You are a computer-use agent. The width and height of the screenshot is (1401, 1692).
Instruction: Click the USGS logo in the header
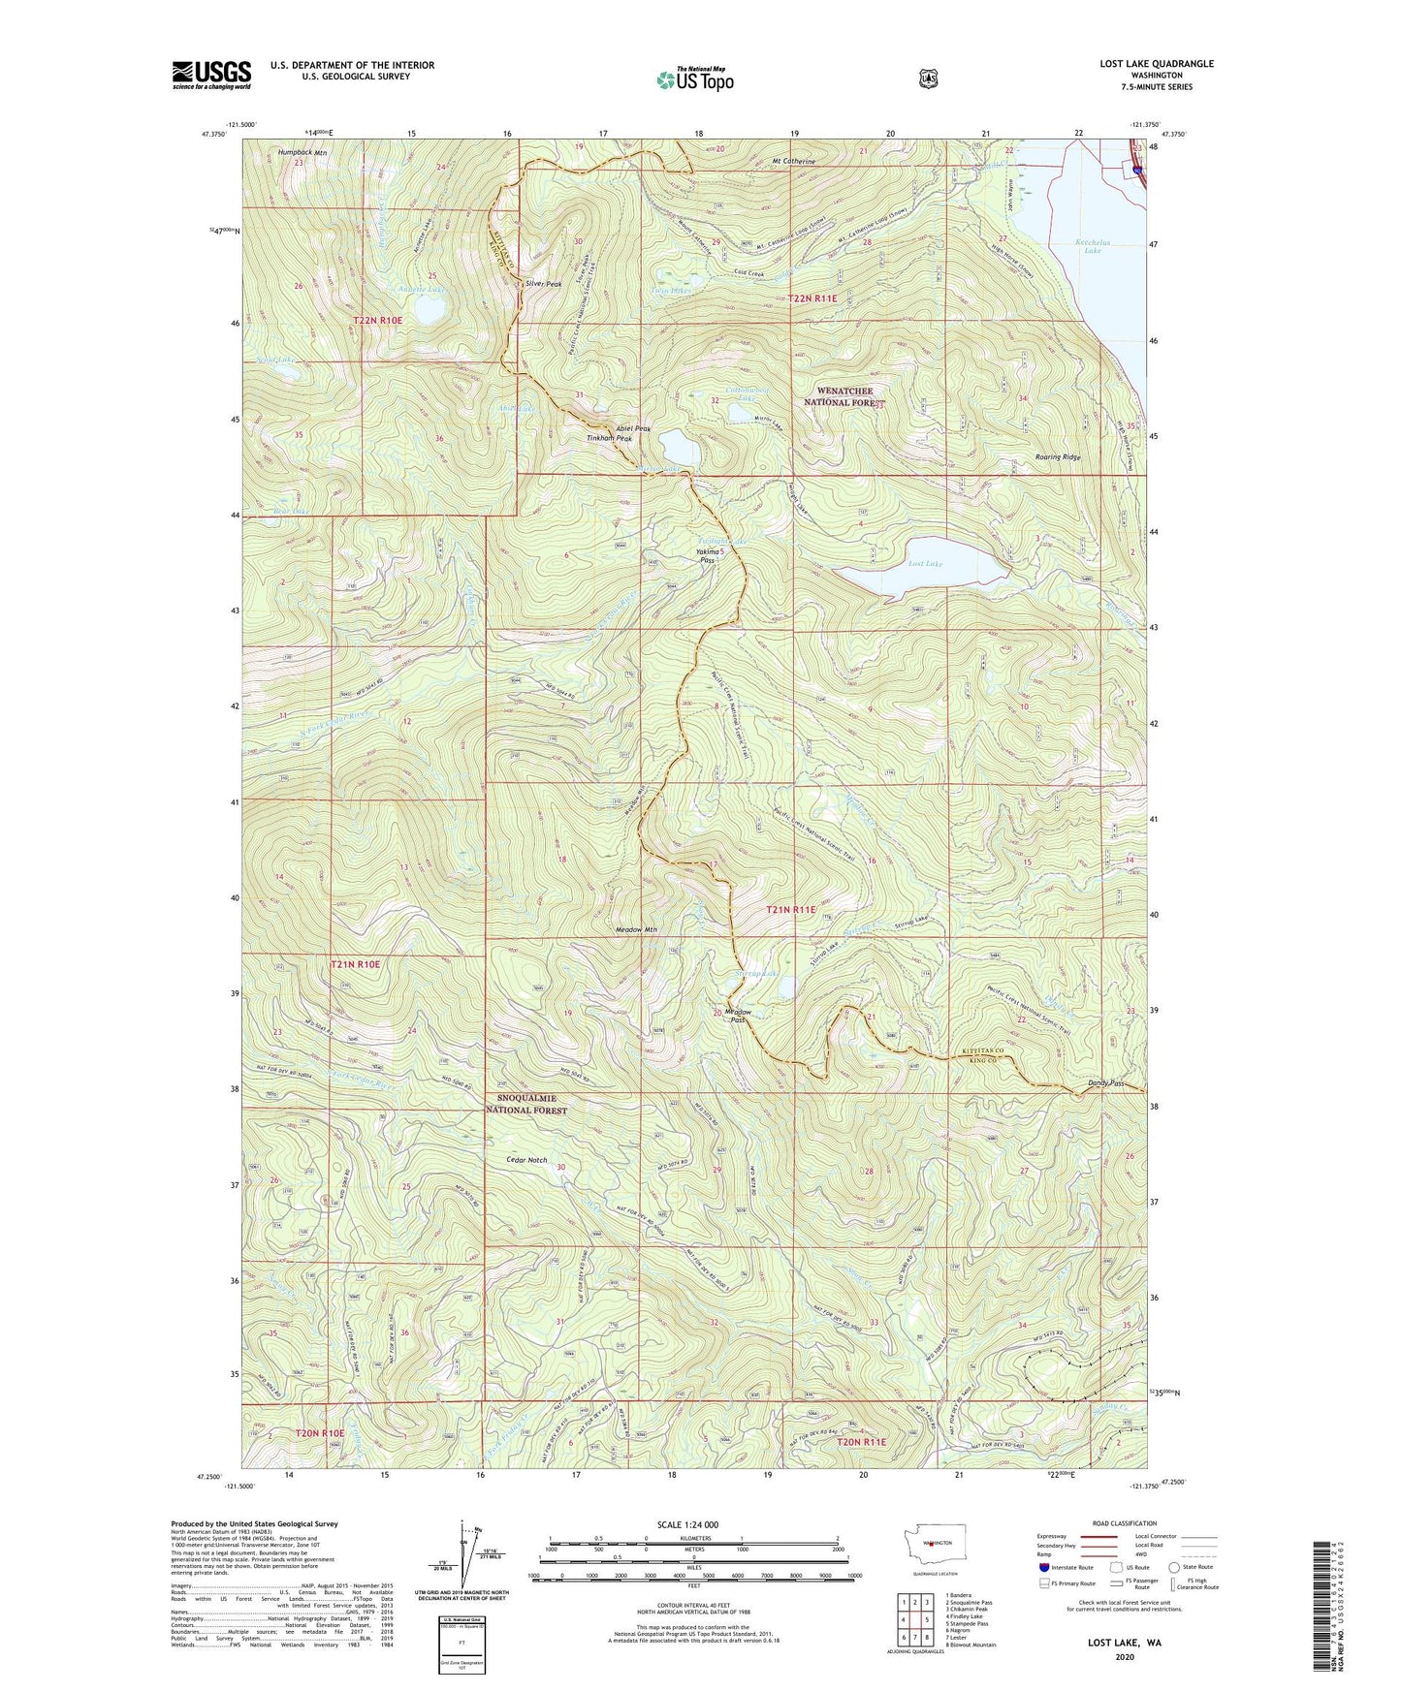point(211,74)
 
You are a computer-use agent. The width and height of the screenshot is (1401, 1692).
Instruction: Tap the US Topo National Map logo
point(695,78)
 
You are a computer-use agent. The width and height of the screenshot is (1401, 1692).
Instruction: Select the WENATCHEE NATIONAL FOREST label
point(846,396)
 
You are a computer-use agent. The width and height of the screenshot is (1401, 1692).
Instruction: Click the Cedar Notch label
point(526,1160)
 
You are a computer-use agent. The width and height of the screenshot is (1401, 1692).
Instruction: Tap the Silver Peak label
point(543,284)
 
